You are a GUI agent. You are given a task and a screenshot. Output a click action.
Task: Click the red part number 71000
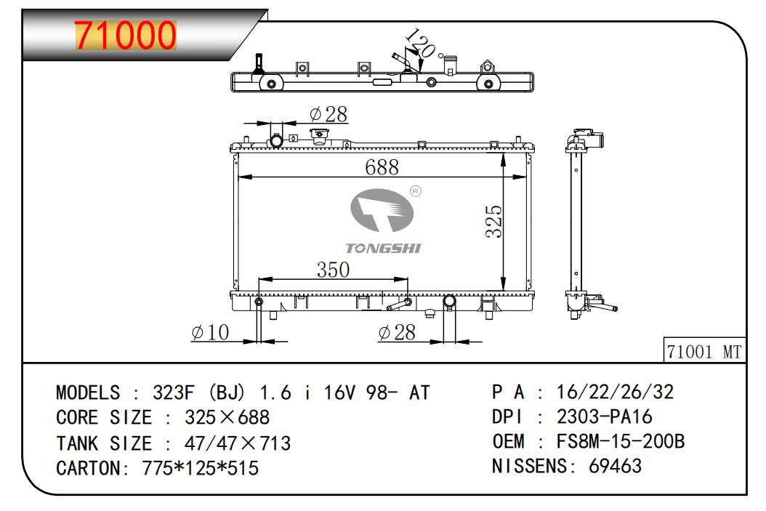coord(125,35)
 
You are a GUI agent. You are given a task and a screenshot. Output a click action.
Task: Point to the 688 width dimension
coord(382,167)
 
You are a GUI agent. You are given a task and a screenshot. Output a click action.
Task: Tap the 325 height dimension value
coord(493,221)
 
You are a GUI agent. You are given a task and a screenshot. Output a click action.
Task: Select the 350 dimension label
coord(333,270)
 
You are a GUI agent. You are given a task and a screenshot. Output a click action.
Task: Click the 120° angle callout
coord(422,44)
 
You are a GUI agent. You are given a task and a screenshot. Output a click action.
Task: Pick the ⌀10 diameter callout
coord(210,333)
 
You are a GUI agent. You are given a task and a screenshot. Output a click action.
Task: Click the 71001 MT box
coord(704,351)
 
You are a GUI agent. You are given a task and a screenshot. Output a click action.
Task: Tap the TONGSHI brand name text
coord(383,248)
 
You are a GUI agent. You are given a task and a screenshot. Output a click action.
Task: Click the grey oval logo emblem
coord(382,211)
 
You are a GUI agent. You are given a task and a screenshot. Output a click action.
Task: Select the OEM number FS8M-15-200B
coord(621,441)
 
